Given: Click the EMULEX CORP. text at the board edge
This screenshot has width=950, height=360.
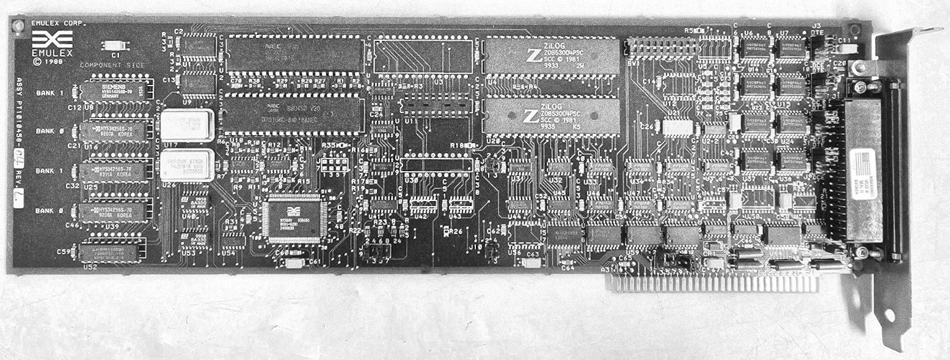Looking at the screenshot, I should (x=57, y=24).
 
